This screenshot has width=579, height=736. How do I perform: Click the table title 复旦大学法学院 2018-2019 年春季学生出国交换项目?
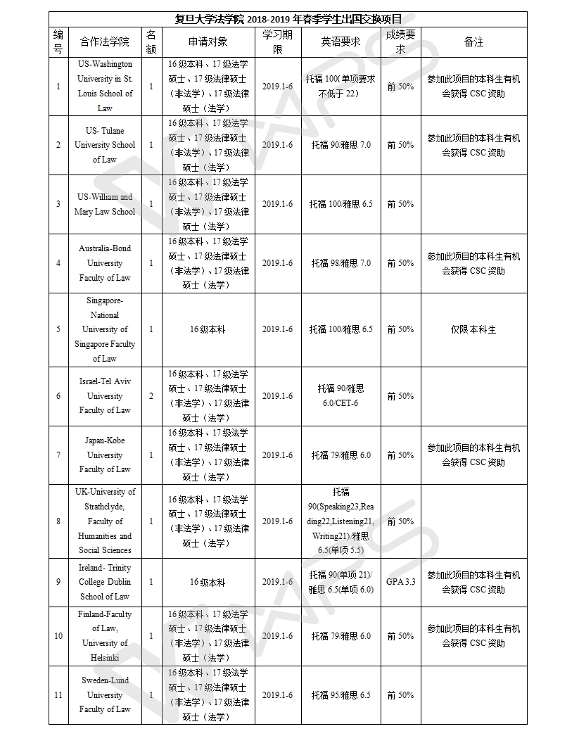[x=287, y=18]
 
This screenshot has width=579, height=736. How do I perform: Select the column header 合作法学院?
[x=105, y=42]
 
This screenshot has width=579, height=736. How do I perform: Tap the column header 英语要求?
[x=341, y=42]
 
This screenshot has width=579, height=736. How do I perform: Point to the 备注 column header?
[x=473, y=42]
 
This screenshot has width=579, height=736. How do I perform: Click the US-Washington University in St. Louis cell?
[x=105, y=86]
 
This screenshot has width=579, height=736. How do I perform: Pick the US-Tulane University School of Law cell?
[x=105, y=145]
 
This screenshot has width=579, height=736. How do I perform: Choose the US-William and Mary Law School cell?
[x=105, y=204]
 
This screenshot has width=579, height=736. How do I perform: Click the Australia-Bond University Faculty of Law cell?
[x=105, y=263]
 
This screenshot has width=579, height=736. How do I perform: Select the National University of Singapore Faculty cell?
[x=105, y=329]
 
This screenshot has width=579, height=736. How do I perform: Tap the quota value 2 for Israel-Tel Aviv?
[x=151, y=396]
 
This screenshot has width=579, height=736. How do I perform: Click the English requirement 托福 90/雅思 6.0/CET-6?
[x=341, y=395]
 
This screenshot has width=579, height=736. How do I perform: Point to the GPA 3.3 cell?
[x=400, y=582]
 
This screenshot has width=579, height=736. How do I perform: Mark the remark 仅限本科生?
[x=473, y=329]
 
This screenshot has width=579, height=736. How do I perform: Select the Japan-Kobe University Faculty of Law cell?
[x=105, y=455]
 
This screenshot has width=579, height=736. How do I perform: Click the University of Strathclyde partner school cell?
[x=105, y=521]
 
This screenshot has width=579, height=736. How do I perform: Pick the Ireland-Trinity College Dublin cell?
[x=105, y=582]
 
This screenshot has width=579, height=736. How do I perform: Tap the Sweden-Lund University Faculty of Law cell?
[x=105, y=694]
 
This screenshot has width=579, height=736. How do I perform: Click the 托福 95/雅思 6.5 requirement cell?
[x=341, y=695]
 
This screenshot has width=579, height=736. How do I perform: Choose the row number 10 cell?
[x=58, y=636]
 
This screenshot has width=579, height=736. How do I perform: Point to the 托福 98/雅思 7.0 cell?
[x=341, y=263]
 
